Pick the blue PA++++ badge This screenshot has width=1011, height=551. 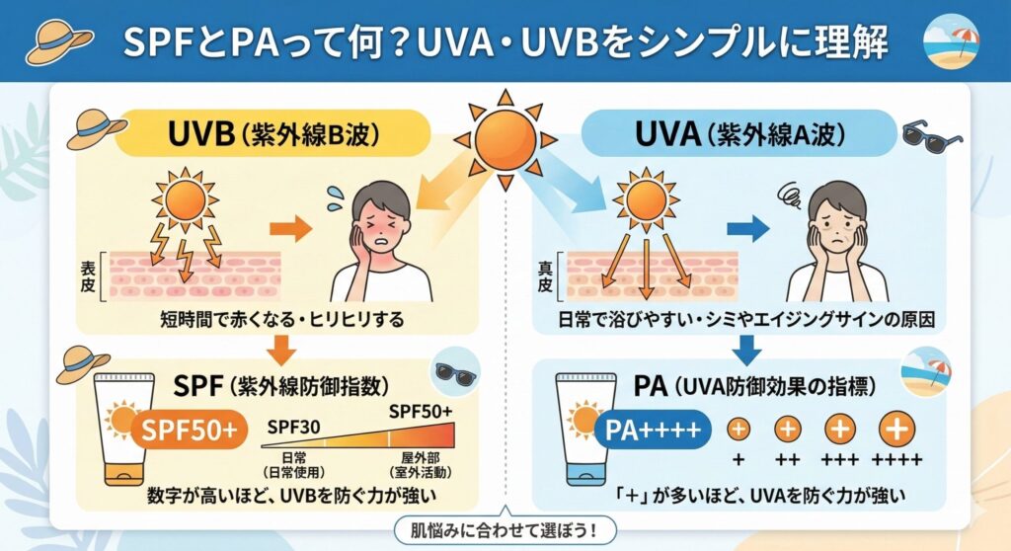coord(653,430)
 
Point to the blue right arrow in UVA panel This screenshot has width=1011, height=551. coord(748,230)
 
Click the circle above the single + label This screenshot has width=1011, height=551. coord(739,430)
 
